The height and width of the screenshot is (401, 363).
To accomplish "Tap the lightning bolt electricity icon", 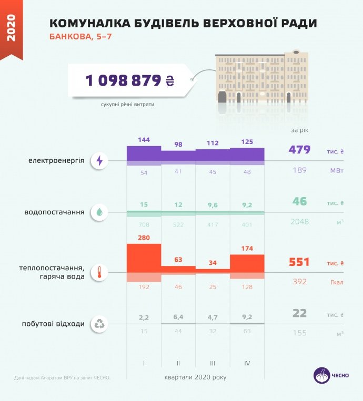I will coord(99,161).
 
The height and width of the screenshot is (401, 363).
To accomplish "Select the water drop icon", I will coord(99,212).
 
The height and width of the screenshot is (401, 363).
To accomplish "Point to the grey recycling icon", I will coord(99,324).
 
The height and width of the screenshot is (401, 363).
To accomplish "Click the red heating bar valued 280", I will coord(144,258).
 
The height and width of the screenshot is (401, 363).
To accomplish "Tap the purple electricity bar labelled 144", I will coord(144,153).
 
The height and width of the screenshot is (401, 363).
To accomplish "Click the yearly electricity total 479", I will coord(299,150).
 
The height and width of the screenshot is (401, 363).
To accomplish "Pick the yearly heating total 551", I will coord(299,262).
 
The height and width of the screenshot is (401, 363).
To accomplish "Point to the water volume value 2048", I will coord(299,222).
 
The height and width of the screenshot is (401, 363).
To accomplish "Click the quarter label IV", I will coord(247,363).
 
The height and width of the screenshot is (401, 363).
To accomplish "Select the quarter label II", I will coord(178,363).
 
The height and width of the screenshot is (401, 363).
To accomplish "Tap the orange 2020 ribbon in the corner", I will coord(12,29).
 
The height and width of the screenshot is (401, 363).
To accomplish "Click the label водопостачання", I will coord(54,212).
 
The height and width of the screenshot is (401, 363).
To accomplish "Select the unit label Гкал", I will coord(335,282).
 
